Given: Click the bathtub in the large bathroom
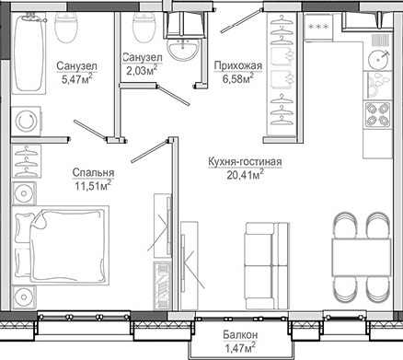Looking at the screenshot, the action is click(29, 52).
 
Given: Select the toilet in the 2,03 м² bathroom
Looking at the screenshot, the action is click(144, 27).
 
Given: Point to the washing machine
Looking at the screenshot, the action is click(26, 121).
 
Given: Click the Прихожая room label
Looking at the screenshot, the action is click(238, 65).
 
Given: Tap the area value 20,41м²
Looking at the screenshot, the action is click(246, 174).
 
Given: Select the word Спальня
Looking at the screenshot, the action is click(93, 172).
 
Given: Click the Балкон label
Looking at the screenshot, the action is click(240, 335).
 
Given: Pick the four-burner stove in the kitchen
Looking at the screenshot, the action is click(377, 115).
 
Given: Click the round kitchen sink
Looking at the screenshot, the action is click(378, 60).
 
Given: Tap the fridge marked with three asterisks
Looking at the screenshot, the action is click(318, 27).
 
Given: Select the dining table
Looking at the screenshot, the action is click(362, 257).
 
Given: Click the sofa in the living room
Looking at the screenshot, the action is click(268, 266).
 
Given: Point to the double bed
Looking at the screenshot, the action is click(61, 246).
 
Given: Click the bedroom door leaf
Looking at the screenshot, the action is click(150, 151).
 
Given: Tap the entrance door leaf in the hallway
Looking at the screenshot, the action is click(241, 21).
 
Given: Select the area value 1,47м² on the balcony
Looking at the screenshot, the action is click(240, 348).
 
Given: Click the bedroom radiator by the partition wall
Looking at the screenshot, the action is click(162, 285).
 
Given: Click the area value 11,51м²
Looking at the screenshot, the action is click(93, 185).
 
